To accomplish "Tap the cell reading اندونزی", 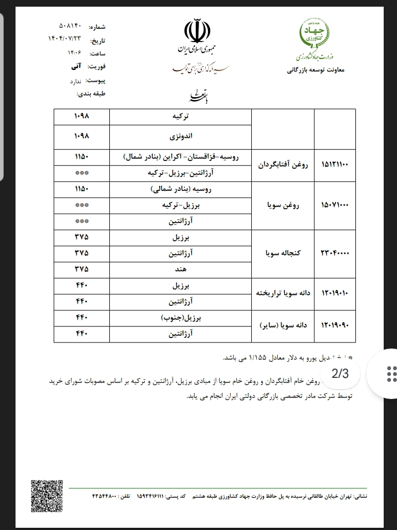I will point(181,135).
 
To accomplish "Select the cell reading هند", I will point(181,269).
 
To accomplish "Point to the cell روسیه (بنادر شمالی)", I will point(181,189).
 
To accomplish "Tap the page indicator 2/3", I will point(340,373).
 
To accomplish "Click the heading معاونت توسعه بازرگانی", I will point(317,71).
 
